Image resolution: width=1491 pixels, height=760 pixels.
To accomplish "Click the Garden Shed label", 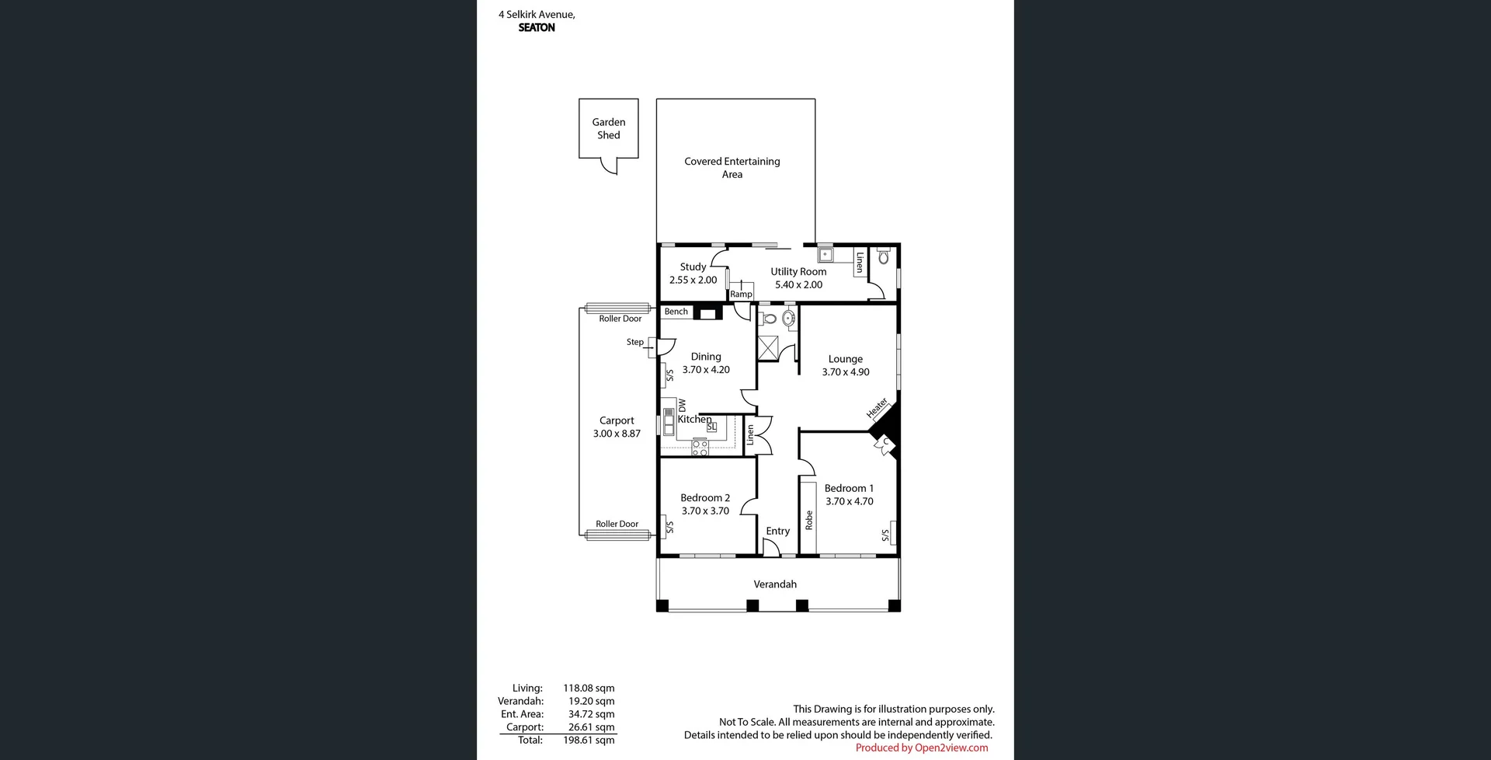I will (608, 128).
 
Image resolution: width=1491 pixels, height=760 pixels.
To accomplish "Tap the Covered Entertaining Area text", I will (732, 168).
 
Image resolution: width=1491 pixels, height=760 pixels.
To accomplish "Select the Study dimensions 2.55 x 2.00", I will (693, 280).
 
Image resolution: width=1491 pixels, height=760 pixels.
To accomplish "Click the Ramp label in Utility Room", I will (741, 295).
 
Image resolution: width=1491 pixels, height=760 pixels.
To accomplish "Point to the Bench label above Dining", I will (676, 312).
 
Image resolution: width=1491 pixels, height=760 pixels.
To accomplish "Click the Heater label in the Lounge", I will (877, 408).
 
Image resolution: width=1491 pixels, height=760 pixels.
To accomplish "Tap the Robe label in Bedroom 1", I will (808, 520).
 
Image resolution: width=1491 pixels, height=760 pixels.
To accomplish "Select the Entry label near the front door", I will (777, 532).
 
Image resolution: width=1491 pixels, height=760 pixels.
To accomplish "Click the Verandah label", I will (775, 584).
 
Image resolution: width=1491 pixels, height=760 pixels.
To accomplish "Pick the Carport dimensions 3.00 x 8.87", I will (617, 434).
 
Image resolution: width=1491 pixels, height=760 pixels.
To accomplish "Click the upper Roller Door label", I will (620, 319).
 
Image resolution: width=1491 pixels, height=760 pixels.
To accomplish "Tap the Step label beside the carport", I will (634, 342).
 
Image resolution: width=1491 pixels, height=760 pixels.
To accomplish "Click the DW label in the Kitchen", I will (682, 406).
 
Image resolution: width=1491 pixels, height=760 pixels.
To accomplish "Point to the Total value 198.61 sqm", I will (589, 741).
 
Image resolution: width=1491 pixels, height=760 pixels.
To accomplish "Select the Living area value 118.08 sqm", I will (589, 689).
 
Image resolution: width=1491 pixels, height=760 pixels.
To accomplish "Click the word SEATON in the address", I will (537, 27).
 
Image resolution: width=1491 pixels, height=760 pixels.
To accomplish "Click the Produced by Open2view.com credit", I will (921, 748).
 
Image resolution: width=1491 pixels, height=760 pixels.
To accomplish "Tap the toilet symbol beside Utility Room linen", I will (883, 256).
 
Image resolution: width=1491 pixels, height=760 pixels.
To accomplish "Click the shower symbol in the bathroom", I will (768, 348).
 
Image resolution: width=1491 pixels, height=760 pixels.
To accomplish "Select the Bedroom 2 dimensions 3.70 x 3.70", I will (705, 511).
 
